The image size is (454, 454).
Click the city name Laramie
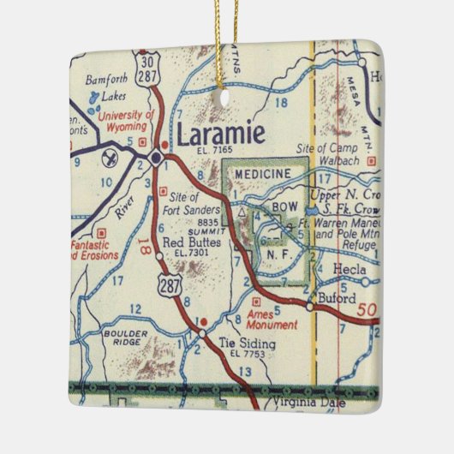pyautogui.click(x=221, y=134)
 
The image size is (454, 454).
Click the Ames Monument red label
pyautogui.click(x=272, y=320)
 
